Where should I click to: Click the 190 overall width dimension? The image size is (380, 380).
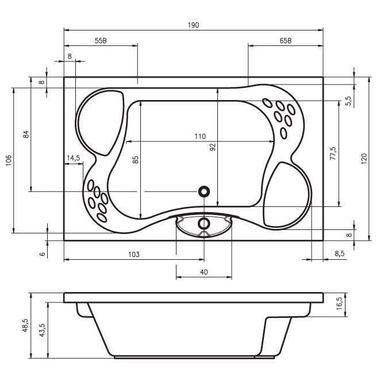pyautogui.click(x=193, y=25)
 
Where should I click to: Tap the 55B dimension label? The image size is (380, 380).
pyautogui.click(x=101, y=41)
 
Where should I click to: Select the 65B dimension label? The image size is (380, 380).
pyautogui.click(x=286, y=41)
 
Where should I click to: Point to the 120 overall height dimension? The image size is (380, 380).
pyautogui.click(x=364, y=159)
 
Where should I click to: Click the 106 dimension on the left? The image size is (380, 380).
pyautogui.click(x=9, y=160)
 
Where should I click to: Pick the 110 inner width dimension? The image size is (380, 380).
pyautogui.click(x=200, y=136)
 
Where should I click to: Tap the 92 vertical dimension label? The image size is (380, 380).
pyautogui.click(x=213, y=147)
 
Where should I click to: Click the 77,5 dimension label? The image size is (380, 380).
pyautogui.click(x=333, y=153)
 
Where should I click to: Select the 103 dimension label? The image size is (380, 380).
pyautogui.click(x=134, y=254)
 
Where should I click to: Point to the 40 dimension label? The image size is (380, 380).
pyautogui.click(x=204, y=272)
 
